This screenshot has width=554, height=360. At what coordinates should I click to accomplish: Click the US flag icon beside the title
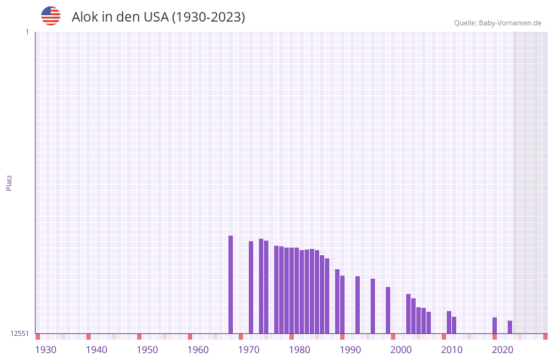(x=51, y=16)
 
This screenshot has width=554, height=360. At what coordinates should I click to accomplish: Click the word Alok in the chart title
(x=84, y=17)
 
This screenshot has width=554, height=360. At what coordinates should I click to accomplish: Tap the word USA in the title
(x=156, y=17)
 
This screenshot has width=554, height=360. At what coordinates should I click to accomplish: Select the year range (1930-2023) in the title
(x=209, y=17)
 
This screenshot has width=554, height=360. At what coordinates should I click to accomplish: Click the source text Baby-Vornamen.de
(x=510, y=23)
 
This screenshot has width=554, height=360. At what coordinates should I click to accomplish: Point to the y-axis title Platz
(x=9, y=182)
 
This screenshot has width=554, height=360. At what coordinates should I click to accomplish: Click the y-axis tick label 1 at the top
(x=27, y=32)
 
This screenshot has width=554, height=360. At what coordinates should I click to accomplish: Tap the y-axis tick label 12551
(x=20, y=333)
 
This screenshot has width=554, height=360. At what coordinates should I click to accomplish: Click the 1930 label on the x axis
(x=46, y=350)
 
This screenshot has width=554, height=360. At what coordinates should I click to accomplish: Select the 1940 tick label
(x=96, y=350)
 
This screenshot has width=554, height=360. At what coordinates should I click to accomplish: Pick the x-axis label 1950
(x=147, y=350)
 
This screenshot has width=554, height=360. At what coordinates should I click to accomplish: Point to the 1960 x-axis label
(x=198, y=350)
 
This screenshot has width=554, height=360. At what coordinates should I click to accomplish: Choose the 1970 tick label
(x=249, y=350)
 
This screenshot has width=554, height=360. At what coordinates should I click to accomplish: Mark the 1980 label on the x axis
(x=300, y=350)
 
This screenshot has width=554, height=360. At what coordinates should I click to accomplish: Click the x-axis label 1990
(x=350, y=350)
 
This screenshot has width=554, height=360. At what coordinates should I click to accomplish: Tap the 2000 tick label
(x=401, y=350)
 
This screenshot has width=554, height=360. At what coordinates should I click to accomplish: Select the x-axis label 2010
(x=452, y=350)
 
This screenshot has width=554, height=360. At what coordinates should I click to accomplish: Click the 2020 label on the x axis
(x=503, y=350)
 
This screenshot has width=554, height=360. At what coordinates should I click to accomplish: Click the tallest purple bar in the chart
(x=230, y=284)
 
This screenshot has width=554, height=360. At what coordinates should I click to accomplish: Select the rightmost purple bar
(x=510, y=327)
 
